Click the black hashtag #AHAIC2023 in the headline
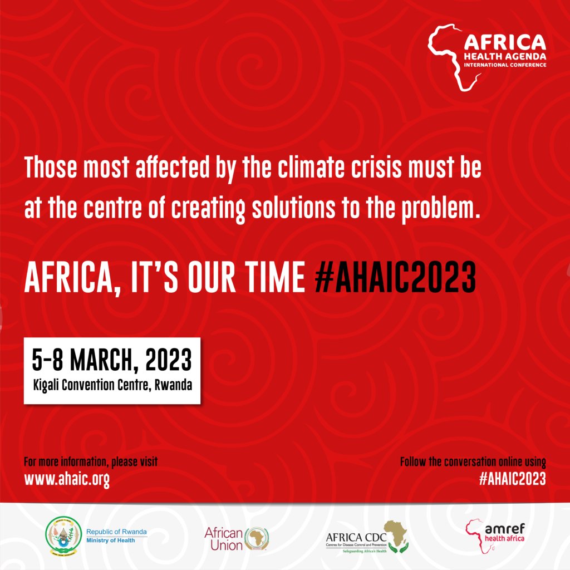click(x=395, y=277)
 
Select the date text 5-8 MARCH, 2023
click(x=111, y=361)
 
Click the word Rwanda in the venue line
click(x=179, y=385)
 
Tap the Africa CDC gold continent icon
click(x=396, y=534)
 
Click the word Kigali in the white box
click(x=48, y=385)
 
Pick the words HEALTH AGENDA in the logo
click(x=505, y=57)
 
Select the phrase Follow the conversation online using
click(x=473, y=462)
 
